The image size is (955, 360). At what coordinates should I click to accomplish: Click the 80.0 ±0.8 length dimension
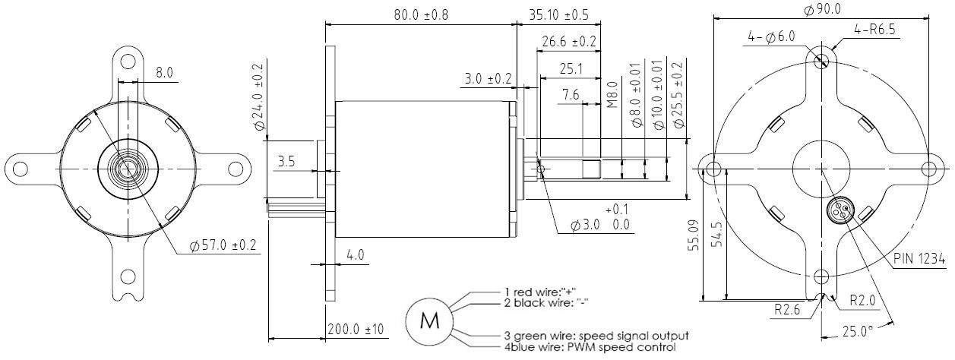[x=420, y=14]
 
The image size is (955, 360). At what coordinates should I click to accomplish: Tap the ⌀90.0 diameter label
[x=821, y=8]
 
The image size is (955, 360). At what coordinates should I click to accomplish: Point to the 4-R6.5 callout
[x=875, y=30]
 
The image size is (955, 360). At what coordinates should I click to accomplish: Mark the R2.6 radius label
[x=789, y=310]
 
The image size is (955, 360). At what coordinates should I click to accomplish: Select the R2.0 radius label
[x=861, y=300]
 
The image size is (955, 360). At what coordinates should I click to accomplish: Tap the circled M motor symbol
[x=430, y=321]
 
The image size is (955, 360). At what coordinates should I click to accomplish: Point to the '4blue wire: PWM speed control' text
[x=590, y=347]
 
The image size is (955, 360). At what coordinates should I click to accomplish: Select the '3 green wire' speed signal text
[x=596, y=335]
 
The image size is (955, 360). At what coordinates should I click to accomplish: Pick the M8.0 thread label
[x=612, y=98]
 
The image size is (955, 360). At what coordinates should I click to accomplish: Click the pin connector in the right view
[x=842, y=210]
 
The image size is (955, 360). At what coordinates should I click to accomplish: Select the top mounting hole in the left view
[x=128, y=60]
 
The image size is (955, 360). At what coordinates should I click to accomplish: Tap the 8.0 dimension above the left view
[x=164, y=73]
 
